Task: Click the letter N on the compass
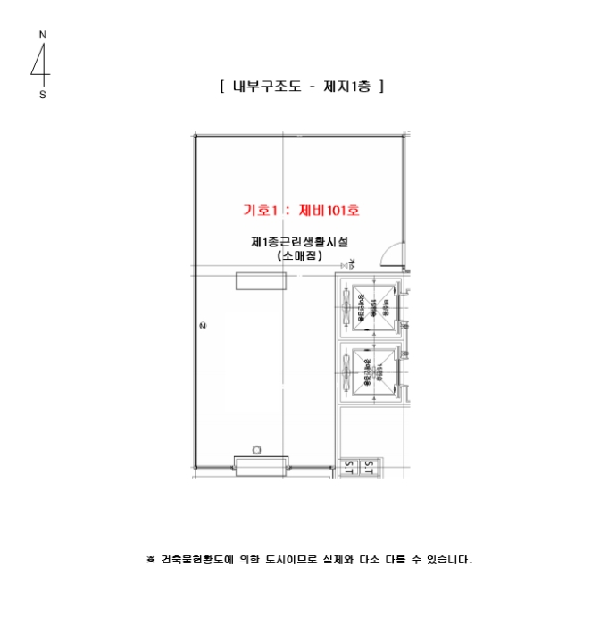(x=42, y=35)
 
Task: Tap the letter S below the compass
(x=42, y=95)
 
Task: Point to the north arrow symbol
(x=41, y=64)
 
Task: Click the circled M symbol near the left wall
(x=202, y=325)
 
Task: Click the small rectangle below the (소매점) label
(x=261, y=281)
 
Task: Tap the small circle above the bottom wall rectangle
(x=257, y=449)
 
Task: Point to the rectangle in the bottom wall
(x=261, y=464)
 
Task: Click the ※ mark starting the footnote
(x=150, y=561)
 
